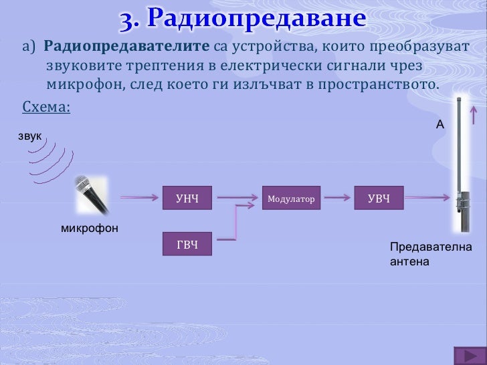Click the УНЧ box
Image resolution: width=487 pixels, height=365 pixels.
pyautogui.click(x=187, y=198)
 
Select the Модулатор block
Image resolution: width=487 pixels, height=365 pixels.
pyautogui.click(x=291, y=198)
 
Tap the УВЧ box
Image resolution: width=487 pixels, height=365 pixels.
pyautogui.click(x=379, y=198)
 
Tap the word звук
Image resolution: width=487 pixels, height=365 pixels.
pyautogui.click(x=30, y=136)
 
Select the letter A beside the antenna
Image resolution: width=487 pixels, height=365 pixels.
pyautogui.click(x=440, y=124)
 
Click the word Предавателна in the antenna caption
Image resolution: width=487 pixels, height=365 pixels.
pyautogui.click(x=430, y=248)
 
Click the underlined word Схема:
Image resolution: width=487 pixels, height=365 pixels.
pyautogui.click(x=46, y=107)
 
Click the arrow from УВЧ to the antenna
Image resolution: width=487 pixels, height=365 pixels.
pyautogui.click(x=428, y=198)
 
